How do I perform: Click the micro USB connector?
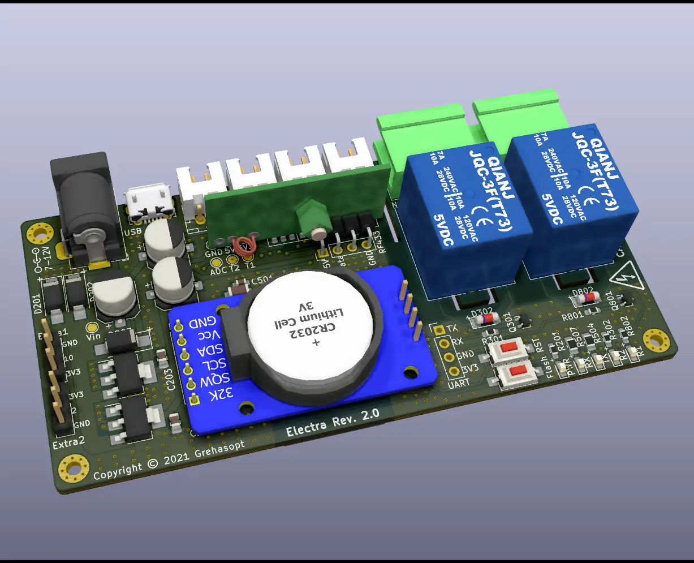pos(148,203)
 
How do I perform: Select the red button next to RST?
pos(511,350)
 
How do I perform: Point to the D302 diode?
pos(485,319)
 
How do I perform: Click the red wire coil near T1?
pos(245,245)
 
